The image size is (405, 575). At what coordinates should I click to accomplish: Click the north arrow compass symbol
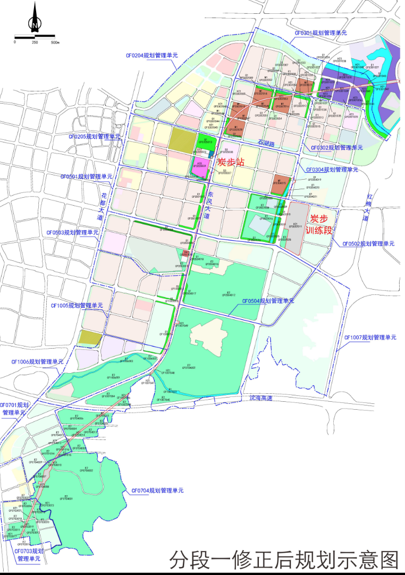pos(35,19)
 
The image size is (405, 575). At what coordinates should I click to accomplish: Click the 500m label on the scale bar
pos(55,42)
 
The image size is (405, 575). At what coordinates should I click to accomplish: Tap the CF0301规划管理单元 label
pos(320,33)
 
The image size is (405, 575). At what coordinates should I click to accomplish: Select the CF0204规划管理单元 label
pos(151,55)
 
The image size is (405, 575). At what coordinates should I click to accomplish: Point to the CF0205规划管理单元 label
pos(95,137)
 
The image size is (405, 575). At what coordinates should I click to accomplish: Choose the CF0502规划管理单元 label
pos(368,244)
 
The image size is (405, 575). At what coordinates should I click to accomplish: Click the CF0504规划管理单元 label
pos(268,301)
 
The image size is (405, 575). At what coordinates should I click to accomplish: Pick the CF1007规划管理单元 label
pos(370,337)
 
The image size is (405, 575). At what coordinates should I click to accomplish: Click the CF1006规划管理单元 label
pos(37,361)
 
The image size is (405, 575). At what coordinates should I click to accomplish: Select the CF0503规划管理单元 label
pos(72,232)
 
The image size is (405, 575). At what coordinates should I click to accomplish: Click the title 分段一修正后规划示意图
pos(284,560)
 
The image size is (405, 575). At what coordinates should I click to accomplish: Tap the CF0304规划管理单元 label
pos(332,170)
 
